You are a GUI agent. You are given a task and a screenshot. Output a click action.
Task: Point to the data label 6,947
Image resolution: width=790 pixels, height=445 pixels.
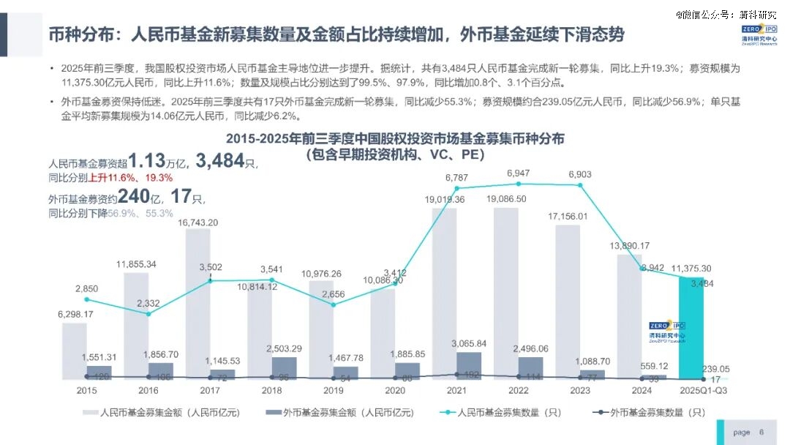[x=518, y=173]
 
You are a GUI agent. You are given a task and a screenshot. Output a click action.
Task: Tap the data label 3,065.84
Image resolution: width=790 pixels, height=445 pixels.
[x=468, y=343]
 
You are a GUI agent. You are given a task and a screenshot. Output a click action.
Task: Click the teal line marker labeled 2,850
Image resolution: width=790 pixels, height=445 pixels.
[x=86, y=299]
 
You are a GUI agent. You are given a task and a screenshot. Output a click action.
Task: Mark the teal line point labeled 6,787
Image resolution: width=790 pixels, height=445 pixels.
[x=457, y=190]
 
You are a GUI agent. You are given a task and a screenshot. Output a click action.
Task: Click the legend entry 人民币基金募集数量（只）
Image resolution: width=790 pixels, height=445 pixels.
[x=505, y=413]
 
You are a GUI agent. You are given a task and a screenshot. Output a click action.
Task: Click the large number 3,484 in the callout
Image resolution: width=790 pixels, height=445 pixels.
[x=219, y=161]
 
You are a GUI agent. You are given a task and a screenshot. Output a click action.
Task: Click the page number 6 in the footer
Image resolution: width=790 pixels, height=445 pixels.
[x=761, y=432]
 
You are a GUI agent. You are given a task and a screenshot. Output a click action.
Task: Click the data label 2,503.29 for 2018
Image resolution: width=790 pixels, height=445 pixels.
[x=284, y=348]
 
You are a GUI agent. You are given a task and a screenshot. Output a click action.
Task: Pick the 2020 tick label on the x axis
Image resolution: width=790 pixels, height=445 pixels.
[x=394, y=391]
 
